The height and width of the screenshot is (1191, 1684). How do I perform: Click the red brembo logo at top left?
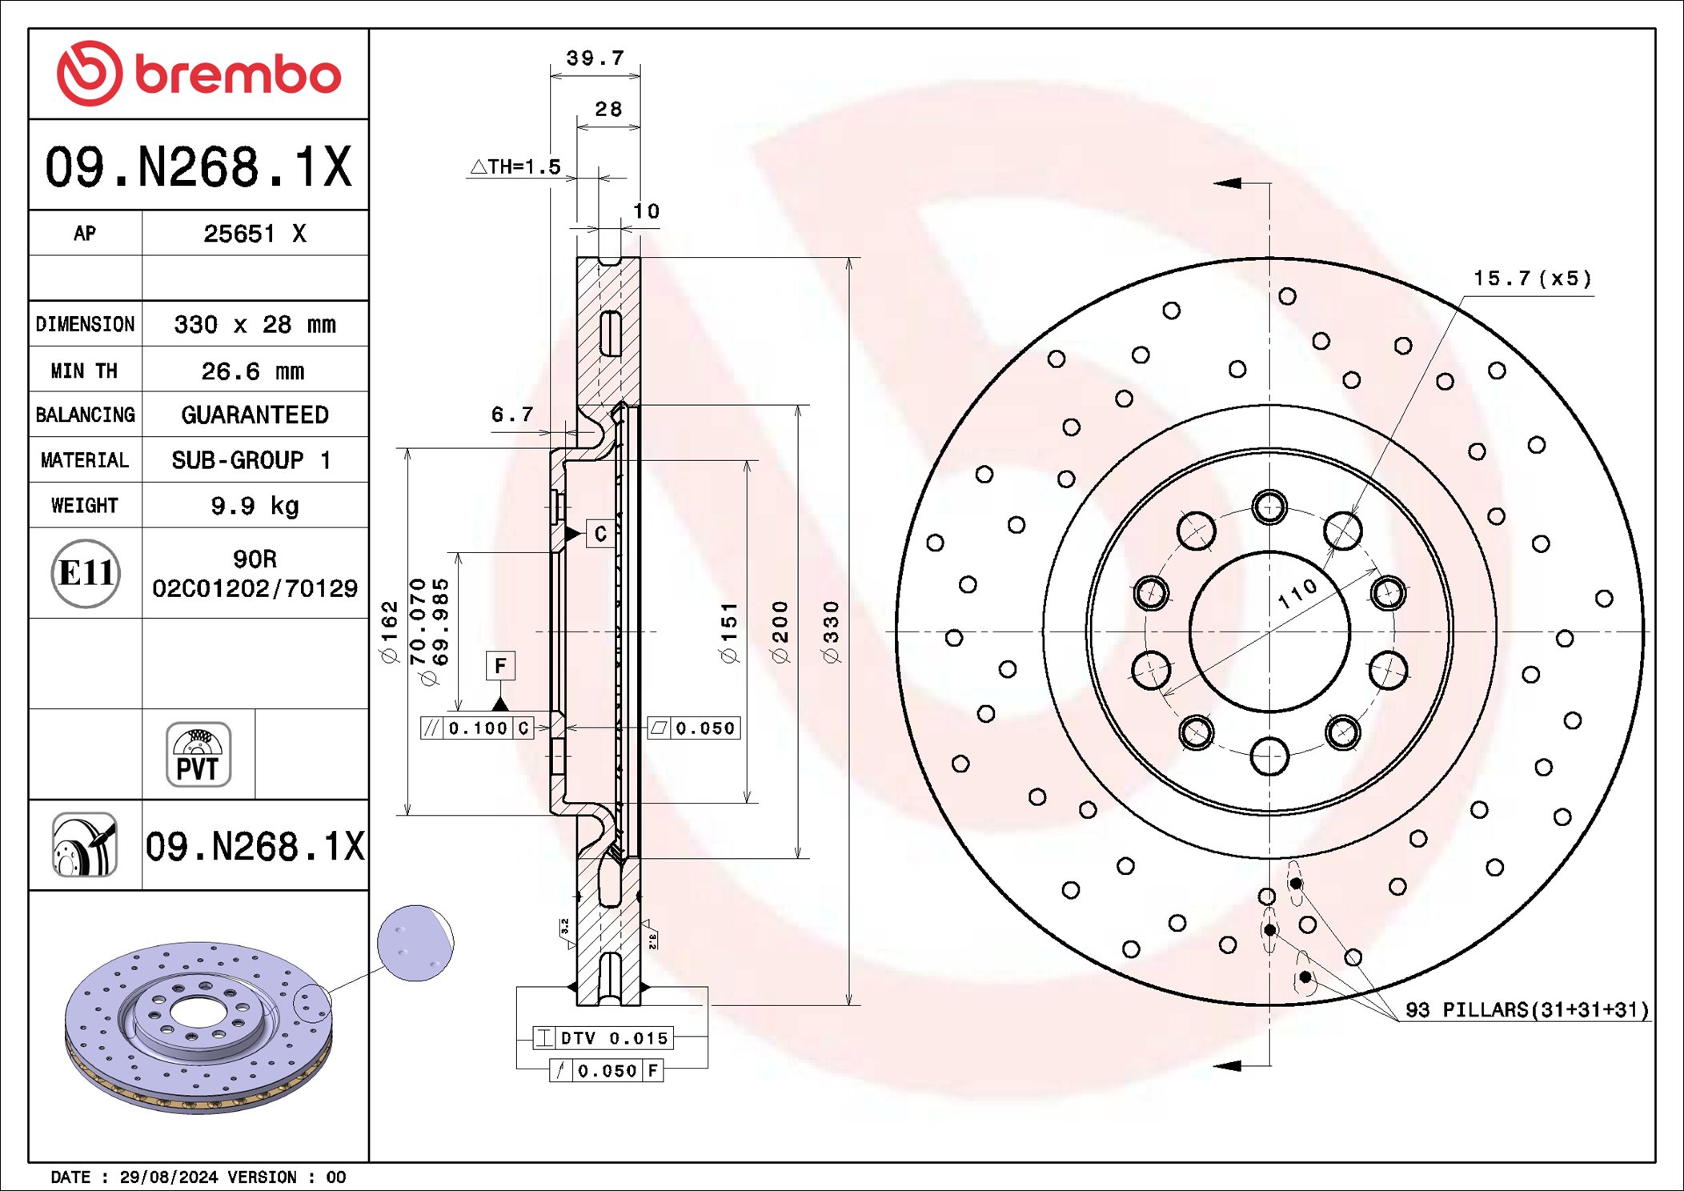pyautogui.click(x=198, y=74)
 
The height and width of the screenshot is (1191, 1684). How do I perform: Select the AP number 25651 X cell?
pyautogui.click(x=255, y=234)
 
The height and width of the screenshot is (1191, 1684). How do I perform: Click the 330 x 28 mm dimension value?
pyautogui.click(x=255, y=324)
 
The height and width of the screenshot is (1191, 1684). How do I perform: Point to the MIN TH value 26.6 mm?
pyautogui.click(x=253, y=371)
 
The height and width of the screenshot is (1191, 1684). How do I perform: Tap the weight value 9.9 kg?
pyautogui.click(x=255, y=506)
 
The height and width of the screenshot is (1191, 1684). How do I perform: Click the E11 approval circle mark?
pyautogui.click(x=86, y=573)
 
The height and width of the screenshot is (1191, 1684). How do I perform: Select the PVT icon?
pyautogui.click(x=198, y=754)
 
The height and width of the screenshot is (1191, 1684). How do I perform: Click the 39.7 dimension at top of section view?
pyautogui.click(x=595, y=58)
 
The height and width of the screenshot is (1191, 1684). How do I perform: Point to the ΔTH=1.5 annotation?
pyautogui.click(x=515, y=166)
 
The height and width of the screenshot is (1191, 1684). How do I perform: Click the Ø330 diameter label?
pyautogui.click(x=831, y=632)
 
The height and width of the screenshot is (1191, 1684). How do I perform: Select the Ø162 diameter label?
pyautogui.click(x=389, y=632)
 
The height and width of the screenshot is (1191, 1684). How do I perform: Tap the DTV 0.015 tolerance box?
pyautogui.click(x=603, y=1038)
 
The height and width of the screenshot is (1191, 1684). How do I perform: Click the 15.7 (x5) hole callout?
pyautogui.click(x=1532, y=279)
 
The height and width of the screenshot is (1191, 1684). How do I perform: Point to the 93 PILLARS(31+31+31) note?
pyautogui.click(x=1527, y=1010)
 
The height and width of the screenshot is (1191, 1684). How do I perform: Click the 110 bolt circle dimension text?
pyautogui.click(x=1297, y=593)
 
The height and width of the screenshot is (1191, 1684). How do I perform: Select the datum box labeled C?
pyautogui.click(x=600, y=534)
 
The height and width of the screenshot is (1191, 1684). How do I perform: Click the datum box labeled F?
pyautogui.click(x=500, y=666)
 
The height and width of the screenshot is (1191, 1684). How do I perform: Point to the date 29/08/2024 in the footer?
pyautogui.click(x=168, y=1177)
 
